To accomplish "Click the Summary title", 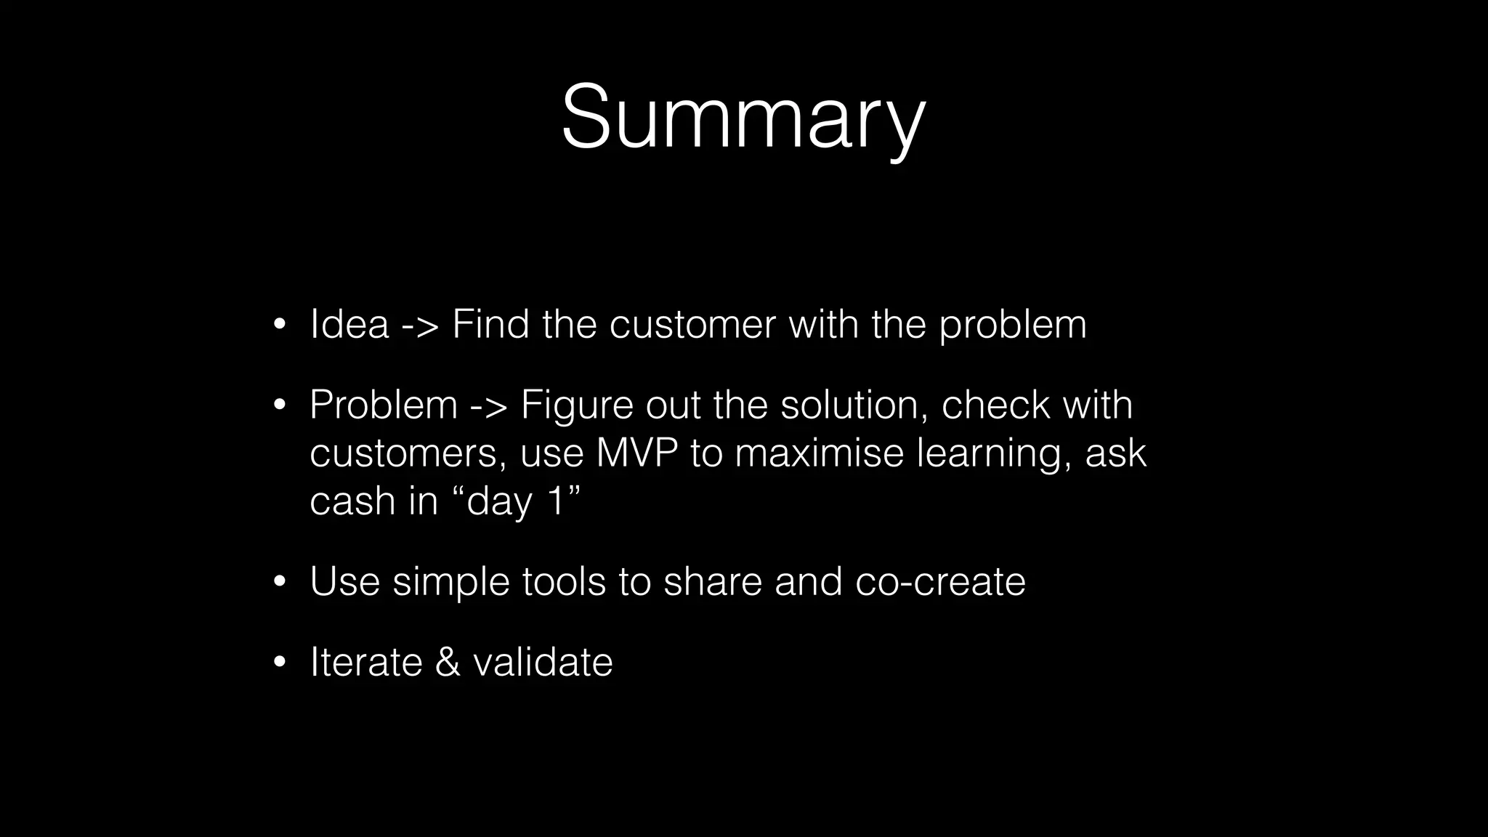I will pyautogui.click(x=743, y=118).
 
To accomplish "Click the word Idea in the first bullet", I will pyautogui.click(x=349, y=324).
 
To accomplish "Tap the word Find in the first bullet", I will pyautogui.click(x=490, y=324).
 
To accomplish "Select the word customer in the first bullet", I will pyautogui.click(x=692, y=324).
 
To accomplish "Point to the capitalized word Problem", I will pyautogui.click(x=383, y=405).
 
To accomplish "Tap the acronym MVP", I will pyautogui.click(x=636, y=453).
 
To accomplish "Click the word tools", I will pyautogui.click(x=564, y=582).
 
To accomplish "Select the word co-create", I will pyautogui.click(x=940, y=582).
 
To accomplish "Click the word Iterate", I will pyautogui.click(x=366, y=663).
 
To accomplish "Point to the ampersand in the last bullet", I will pyautogui.click(x=448, y=663).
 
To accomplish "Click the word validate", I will pyautogui.click(x=543, y=663).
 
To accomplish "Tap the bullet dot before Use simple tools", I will pyautogui.click(x=280, y=583).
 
